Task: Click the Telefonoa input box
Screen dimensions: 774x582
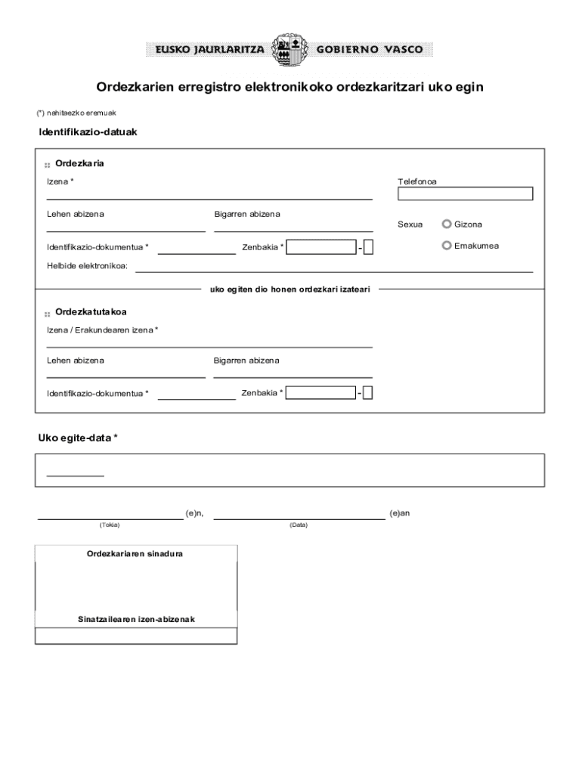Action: [x=465, y=193]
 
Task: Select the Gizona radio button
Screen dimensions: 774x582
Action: [x=447, y=224]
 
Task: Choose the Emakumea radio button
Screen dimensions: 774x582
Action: [x=447, y=245]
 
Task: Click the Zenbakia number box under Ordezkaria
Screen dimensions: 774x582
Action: [x=321, y=246]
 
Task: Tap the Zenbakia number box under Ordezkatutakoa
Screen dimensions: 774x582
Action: [x=320, y=392]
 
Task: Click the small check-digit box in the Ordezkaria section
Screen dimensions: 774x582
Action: [x=368, y=246]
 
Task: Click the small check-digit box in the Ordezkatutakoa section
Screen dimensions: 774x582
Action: [x=367, y=392]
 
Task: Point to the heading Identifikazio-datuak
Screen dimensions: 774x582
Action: [x=88, y=132]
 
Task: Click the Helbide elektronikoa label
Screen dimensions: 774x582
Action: [x=87, y=266]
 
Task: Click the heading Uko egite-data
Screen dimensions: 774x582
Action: [x=78, y=438]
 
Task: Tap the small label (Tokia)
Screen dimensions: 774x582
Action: [x=110, y=525]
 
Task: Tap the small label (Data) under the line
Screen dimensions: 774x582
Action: [x=298, y=525]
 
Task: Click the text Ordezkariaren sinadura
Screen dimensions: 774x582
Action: [x=135, y=553]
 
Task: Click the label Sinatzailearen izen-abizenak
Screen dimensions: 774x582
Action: [x=136, y=619]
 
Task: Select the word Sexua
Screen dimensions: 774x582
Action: [x=410, y=224]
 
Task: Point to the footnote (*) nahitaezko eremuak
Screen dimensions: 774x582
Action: [x=76, y=113]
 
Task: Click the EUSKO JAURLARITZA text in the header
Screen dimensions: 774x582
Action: [x=209, y=50]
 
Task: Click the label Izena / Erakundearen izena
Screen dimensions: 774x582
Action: [x=101, y=330]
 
